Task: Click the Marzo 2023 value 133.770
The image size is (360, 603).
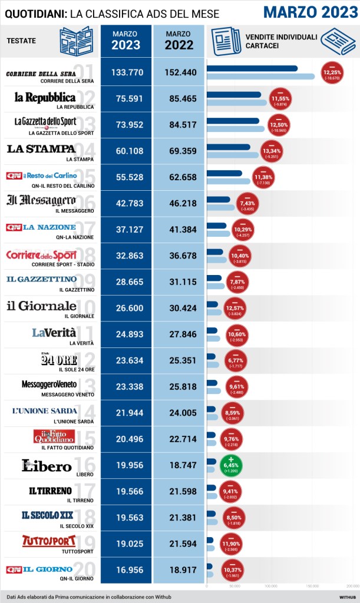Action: [x=125, y=72]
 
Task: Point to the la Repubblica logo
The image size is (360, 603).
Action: [x=45, y=97]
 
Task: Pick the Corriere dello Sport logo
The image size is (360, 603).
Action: [x=41, y=255]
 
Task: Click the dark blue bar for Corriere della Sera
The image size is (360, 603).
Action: [x=252, y=68]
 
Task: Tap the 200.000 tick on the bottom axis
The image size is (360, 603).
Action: [x=352, y=586]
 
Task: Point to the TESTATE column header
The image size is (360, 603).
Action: [x=22, y=40]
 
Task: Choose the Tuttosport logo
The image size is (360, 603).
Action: [x=49, y=540]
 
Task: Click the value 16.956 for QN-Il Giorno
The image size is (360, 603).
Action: [x=125, y=569]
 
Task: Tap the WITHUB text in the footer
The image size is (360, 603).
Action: [x=346, y=596]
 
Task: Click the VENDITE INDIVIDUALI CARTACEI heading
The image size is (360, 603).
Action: [x=281, y=41]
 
